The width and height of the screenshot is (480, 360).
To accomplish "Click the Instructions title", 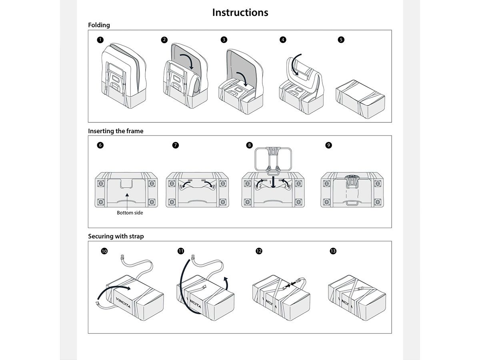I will [x=240, y=12].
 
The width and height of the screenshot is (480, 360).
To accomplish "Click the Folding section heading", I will [x=99, y=25].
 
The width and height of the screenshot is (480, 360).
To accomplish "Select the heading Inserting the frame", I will [x=116, y=131].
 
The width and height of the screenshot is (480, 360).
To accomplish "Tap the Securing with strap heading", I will [x=116, y=236].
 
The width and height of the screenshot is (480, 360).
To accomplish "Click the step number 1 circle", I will [x=100, y=40].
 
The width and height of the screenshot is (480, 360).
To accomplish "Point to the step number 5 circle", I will [x=341, y=40].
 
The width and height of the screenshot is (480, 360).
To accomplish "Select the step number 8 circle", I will [x=250, y=145].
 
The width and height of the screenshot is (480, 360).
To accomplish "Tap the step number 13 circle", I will [x=333, y=251].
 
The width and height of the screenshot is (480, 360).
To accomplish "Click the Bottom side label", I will [x=130, y=213].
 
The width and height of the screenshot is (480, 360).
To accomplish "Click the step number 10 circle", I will [x=104, y=251].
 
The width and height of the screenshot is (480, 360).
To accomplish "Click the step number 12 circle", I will [x=259, y=251].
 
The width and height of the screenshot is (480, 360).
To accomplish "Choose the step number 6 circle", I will [x=100, y=145].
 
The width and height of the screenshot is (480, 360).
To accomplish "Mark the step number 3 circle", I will [x=224, y=40].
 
